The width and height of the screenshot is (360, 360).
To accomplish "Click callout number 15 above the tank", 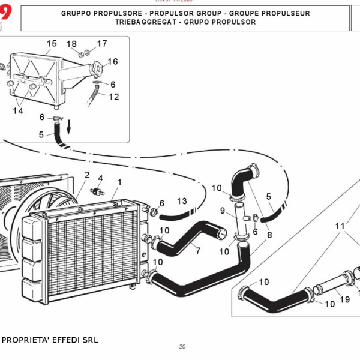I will (x=52, y=43).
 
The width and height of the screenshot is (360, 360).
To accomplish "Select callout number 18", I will (x=71, y=44).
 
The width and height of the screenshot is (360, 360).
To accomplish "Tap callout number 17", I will (x=102, y=43).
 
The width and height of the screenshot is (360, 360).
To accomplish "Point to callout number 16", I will (x=113, y=61).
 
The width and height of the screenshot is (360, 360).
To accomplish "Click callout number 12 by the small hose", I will (x=114, y=96).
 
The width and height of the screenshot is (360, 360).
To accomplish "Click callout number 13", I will (x=182, y=200).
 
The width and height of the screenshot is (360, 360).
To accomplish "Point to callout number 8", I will (x=269, y=235).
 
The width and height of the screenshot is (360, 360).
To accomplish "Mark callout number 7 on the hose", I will (x=197, y=250).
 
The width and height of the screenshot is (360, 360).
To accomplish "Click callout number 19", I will (x=345, y=299).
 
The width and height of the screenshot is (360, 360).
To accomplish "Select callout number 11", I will (x=340, y=226).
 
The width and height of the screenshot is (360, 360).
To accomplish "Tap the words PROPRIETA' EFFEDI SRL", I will (x=50, y=340).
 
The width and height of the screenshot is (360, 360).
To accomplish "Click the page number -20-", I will (x=182, y=347).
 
